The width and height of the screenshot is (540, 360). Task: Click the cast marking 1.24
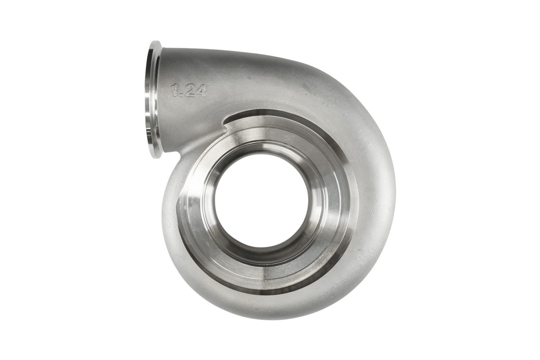189,90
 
